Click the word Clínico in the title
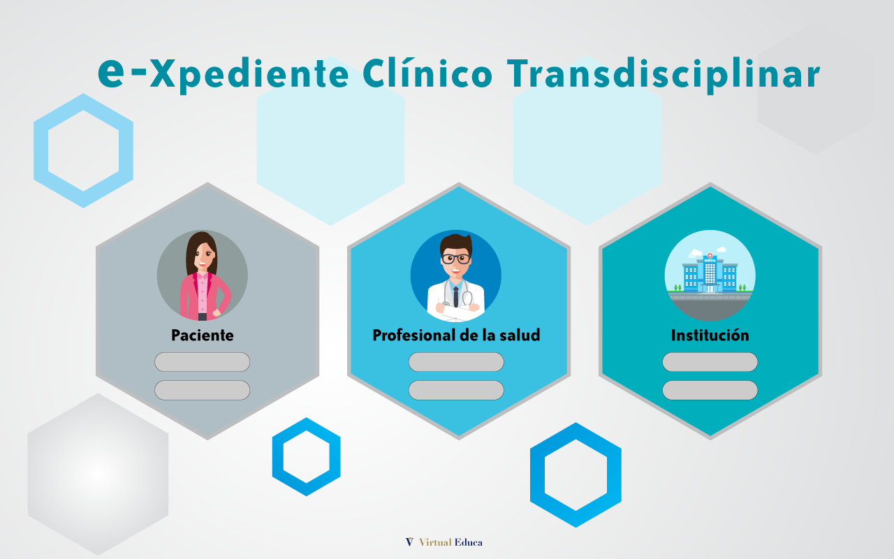coord(427,73)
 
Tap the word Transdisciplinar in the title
coord(664,75)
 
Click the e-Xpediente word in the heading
coord(223,75)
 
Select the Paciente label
coord(203,335)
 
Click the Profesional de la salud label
coord(456,335)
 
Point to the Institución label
coord(710,335)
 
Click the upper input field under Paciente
coord(203,362)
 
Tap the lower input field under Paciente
coord(203,390)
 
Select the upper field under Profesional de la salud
coord(456,362)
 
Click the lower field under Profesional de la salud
coord(456,390)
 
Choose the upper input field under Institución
coord(710,362)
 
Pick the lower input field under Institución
coord(710,390)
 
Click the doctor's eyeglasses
coord(456,259)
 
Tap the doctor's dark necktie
coord(456,297)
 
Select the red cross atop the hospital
coord(710,256)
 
